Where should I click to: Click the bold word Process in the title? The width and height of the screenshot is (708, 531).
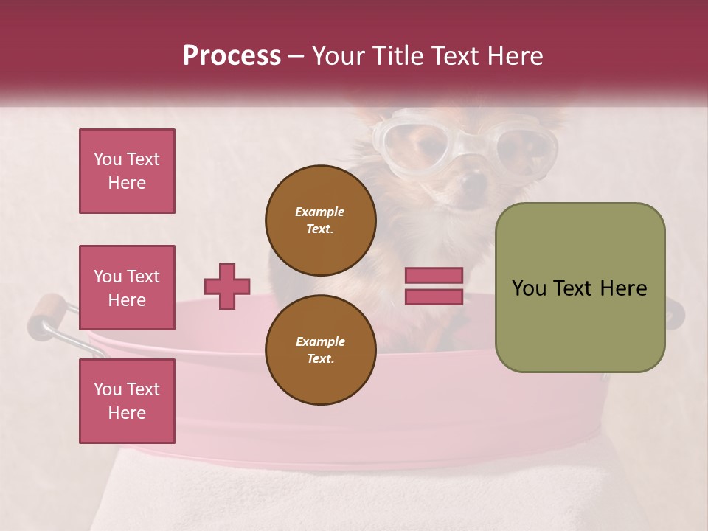[232, 56]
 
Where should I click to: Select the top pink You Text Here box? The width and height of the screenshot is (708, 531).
[127, 171]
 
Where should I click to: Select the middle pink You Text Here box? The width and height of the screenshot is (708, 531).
[127, 288]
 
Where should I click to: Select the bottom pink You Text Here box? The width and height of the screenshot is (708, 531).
[127, 400]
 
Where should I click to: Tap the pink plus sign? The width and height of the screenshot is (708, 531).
[227, 286]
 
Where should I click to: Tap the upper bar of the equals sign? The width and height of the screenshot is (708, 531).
[434, 275]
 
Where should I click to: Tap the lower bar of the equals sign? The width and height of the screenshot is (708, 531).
[434, 296]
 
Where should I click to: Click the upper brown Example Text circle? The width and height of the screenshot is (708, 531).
[320, 220]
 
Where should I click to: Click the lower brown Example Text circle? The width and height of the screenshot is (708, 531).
[320, 350]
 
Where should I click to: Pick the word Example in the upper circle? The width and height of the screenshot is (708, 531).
[320, 212]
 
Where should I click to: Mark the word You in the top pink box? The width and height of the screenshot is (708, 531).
[107, 159]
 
